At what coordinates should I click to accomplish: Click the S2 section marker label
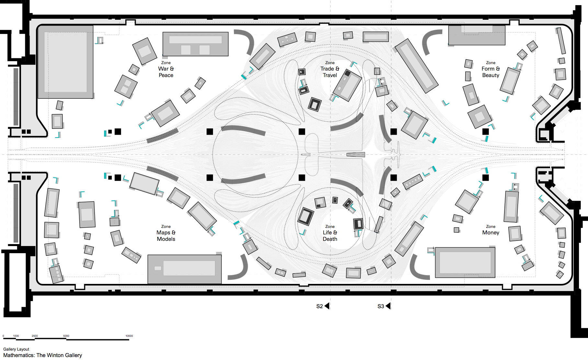pos(319,306)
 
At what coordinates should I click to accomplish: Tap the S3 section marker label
pos(380,306)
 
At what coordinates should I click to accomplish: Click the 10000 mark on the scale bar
pos(129,336)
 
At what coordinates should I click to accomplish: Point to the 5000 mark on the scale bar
pos(66,336)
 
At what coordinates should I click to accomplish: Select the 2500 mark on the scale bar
pos(35,336)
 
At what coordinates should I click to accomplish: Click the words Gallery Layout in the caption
pos(16,349)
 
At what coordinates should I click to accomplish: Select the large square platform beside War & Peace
pos(66,62)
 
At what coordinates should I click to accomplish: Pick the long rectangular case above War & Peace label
pos(195,44)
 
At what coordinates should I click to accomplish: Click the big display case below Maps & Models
pos(185,269)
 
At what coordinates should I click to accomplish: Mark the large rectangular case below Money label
pos(465,263)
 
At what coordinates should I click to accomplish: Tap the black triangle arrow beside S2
pos(327,306)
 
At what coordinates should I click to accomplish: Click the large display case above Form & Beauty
pos(477,35)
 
